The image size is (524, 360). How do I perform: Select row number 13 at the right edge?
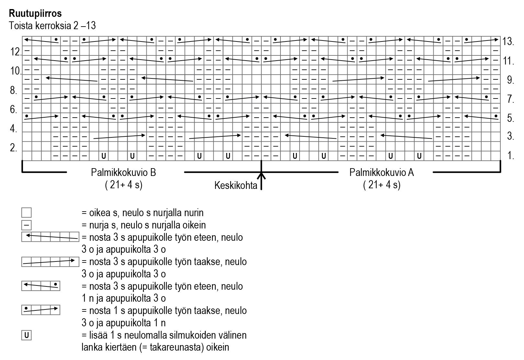tap(508, 41)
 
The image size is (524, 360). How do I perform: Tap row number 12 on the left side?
tap(16, 52)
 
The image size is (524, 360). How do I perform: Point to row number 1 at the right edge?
tap(511, 156)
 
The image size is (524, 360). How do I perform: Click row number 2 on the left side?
tap(14, 148)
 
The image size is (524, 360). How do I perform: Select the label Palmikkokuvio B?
tap(123, 172)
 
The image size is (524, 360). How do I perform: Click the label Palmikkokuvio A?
tap(382, 172)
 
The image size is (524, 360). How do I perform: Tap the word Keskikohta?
tap(235, 186)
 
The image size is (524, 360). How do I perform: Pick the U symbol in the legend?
tap(27, 335)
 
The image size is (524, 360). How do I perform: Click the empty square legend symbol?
tap(27, 213)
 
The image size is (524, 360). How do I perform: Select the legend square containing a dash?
tap(27, 225)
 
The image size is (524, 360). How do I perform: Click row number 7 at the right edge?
tap(511, 99)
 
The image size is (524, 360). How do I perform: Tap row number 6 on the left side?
tap(14, 110)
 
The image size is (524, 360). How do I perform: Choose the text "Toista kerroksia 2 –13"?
tap(52, 26)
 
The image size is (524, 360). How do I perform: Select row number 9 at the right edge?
tap(511, 80)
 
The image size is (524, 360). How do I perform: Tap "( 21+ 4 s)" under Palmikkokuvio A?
tap(382, 185)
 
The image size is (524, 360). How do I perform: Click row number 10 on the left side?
tap(16, 71)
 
